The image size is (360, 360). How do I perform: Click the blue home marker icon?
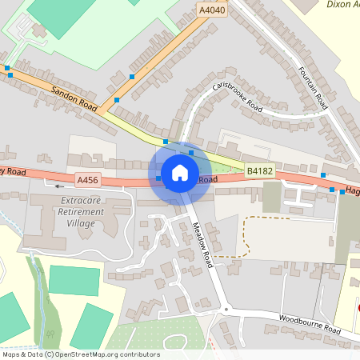pyautogui.click(x=180, y=171)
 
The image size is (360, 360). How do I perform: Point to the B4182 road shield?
pyautogui.click(x=260, y=171)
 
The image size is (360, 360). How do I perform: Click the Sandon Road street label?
pyautogui.click(x=74, y=99)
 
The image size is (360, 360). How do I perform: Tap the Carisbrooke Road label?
pyautogui.click(x=238, y=95)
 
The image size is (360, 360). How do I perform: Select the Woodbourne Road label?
pyautogui.click(x=308, y=324)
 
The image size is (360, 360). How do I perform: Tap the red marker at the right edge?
pyautogui.click(x=358, y=308)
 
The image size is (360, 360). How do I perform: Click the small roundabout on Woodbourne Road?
pyautogui.click(x=226, y=309)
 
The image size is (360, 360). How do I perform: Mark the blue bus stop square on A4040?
pyautogui.click(x=132, y=77)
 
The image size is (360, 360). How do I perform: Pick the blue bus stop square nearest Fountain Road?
pyautogui.click(x=323, y=174)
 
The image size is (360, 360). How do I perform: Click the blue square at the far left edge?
pyautogui.click(x=8, y=69)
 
